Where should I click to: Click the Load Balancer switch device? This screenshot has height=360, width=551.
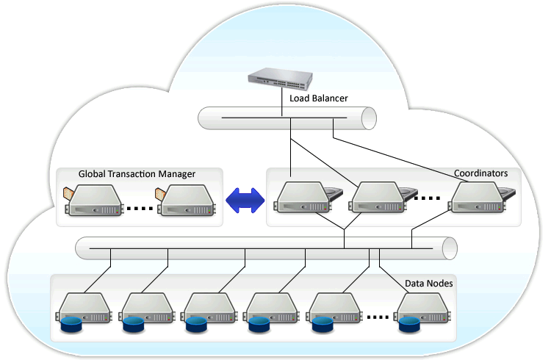[280, 79]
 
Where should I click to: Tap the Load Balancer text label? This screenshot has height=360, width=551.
[318, 98]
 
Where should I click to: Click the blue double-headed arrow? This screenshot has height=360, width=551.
[245, 201]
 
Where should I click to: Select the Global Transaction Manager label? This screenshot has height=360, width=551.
[137, 174]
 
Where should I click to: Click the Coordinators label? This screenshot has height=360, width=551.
[480, 173]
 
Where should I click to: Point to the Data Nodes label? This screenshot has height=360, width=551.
[429, 284]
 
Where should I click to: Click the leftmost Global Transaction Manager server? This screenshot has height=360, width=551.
[94, 200]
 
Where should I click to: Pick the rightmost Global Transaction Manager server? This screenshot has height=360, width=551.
[187, 200]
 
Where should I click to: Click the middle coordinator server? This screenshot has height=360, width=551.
[379, 197]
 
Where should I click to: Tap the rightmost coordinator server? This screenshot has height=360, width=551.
[480, 197]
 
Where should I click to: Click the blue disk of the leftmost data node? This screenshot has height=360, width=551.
[71, 325]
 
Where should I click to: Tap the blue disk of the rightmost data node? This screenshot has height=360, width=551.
[410, 325]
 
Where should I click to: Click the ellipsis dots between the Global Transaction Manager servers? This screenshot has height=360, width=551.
[140, 209]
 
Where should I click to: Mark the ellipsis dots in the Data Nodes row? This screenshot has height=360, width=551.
[378, 317]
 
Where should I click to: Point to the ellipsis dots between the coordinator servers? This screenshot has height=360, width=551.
[427, 198]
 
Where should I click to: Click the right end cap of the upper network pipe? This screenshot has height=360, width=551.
[369, 118]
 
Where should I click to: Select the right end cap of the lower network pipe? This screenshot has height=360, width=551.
[450, 248]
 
